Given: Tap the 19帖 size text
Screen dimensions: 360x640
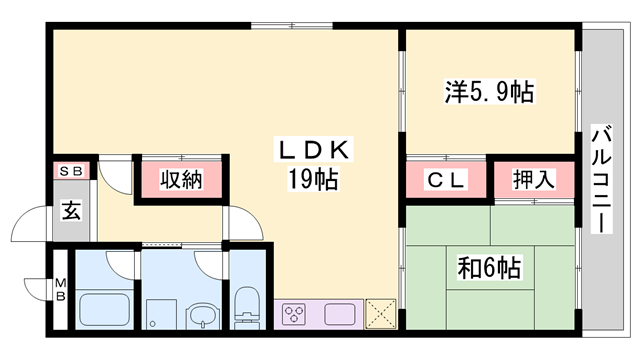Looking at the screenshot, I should tap(312, 181).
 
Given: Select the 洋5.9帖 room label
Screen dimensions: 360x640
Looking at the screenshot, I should tap(489, 93).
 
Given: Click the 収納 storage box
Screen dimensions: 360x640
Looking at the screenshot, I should tap(179, 181).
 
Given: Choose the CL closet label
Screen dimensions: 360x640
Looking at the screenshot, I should tap(445, 181).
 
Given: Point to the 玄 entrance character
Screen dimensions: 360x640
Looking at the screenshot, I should tap(73, 211).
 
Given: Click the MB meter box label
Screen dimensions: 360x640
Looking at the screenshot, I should tap(60, 289).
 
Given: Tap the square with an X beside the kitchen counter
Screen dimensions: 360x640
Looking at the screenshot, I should tap(379, 313).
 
